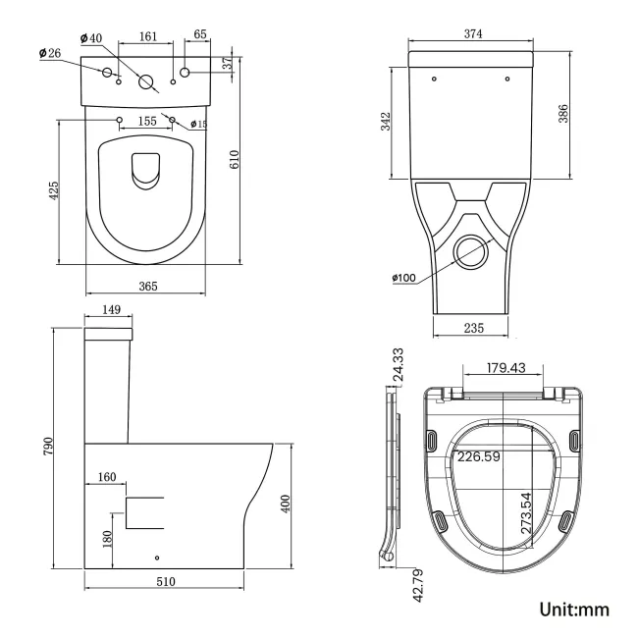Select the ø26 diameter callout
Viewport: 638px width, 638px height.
point(50,53)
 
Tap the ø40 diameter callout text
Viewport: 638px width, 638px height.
point(89,38)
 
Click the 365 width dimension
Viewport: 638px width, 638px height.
point(145,286)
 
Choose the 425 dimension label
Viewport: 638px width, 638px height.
point(54,191)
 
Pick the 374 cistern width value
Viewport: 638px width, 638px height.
point(473,33)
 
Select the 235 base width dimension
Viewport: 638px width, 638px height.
point(473,329)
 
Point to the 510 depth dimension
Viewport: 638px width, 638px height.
point(165,581)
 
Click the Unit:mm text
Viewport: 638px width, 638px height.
point(574,609)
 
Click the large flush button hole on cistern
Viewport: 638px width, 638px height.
point(146,82)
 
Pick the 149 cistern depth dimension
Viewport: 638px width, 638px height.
point(111,310)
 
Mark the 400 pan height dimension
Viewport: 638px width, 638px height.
point(286,504)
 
